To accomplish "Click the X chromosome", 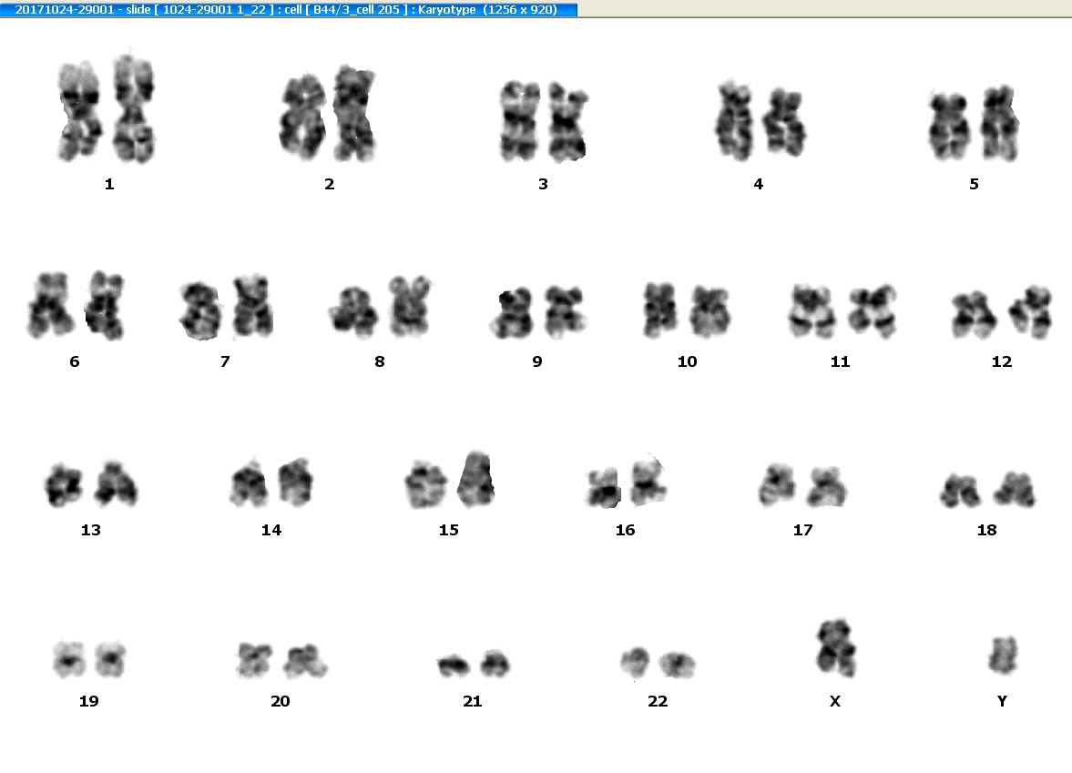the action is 835,648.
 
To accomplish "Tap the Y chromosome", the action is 1003,655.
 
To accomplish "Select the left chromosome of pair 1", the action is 81,111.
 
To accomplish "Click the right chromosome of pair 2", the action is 355,114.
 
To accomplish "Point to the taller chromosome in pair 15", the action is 475,479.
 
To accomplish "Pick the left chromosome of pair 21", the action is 453,665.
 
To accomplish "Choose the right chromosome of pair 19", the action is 110,659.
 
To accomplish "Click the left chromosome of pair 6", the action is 50,305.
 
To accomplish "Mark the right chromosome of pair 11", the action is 873,311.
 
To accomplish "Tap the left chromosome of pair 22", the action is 635,661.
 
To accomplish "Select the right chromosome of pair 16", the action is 647,481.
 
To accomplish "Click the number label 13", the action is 91,530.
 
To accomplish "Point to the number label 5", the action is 975,184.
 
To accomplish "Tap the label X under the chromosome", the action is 835,700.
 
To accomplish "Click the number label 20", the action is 281,700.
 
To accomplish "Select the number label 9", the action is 537,361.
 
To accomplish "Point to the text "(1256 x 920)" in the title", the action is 519,10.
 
